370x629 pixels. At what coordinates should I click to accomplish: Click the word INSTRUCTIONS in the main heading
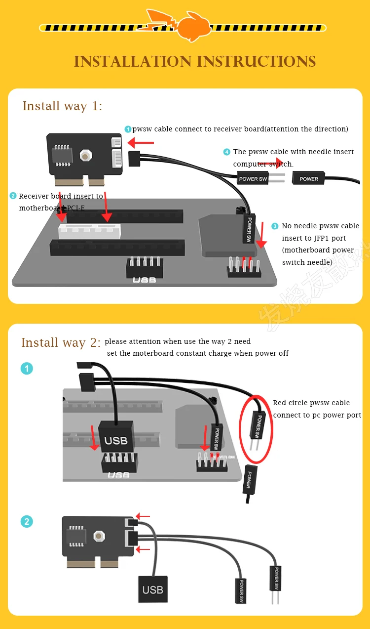pyautogui.click(x=256, y=62)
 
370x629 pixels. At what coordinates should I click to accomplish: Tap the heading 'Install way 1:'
pyautogui.click(x=63, y=106)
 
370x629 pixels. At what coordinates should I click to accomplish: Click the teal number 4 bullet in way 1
pyautogui.click(x=226, y=152)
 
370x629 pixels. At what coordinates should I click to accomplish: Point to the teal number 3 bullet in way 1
pyautogui.click(x=275, y=226)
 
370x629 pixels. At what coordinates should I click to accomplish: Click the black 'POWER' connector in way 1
pyautogui.click(x=309, y=178)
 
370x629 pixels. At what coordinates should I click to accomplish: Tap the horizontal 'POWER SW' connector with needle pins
pyautogui.click(x=253, y=178)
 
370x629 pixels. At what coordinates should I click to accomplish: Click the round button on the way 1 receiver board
pyautogui.click(x=86, y=156)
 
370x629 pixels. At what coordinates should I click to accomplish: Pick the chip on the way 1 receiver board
pyautogui.click(x=63, y=154)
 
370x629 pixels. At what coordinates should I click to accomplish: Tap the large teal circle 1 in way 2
pyautogui.click(x=27, y=369)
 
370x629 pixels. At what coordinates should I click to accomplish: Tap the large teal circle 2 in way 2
pyautogui.click(x=27, y=521)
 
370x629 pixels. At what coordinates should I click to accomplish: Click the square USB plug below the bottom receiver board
pyautogui.click(x=152, y=589)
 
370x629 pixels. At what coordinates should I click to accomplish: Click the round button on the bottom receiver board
pyautogui.click(x=99, y=536)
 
